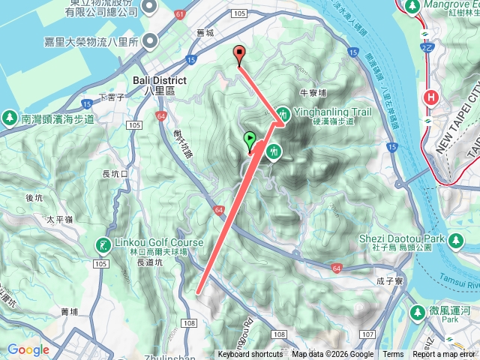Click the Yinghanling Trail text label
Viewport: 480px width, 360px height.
333,112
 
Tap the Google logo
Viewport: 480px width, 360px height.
28,349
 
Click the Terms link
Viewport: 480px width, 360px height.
393,355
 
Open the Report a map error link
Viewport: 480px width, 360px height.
445,355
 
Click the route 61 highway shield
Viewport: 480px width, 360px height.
180,13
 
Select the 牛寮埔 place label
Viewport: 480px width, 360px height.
313,93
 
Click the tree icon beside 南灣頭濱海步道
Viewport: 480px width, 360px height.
9,118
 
